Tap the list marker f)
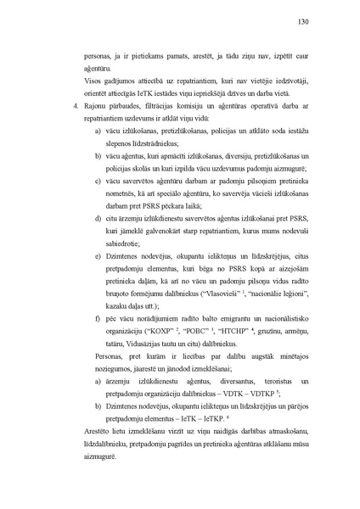tap(97, 315)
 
